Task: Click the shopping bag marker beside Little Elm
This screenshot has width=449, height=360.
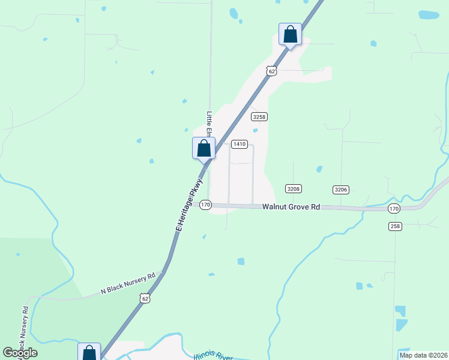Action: pyautogui.click(x=203, y=148)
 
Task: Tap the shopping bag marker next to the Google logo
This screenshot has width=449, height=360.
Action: pyautogui.click(x=89, y=353)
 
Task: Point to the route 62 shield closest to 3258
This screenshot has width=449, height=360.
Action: pyautogui.click(x=272, y=71)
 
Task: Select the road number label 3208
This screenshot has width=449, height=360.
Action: pyautogui.click(x=293, y=189)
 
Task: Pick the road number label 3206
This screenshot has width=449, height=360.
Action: pyautogui.click(x=341, y=190)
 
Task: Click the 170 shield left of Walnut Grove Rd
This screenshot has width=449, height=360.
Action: pyautogui.click(x=205, y=205)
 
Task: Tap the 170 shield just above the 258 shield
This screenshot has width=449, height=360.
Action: pyautogui.click(x=393, y=208)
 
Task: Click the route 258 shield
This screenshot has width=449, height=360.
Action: pyautogui.click(x=394, y=226)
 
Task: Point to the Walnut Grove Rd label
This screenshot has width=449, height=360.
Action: pyautogui.click(x=291, y=207)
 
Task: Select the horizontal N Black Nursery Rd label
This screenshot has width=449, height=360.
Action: pyautogui.click(x=128, y=283)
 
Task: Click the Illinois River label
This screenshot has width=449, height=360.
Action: pyautogui.click(x=213, y=356)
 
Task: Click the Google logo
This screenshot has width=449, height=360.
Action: pyautogui.click(x=20, y=353)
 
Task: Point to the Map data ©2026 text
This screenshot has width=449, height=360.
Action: pyautogui.click(x=423, y=355)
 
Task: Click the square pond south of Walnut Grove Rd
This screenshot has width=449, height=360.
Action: pyautogui.click(x=241, y=261)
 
